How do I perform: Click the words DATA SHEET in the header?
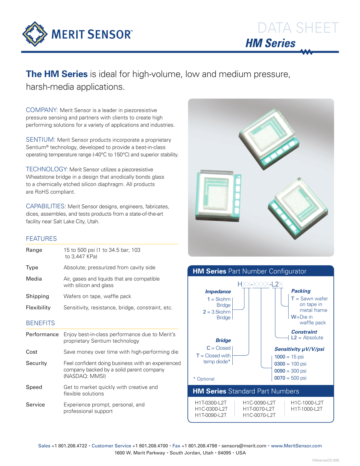coord(298,28)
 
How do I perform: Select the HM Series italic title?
coord(270,43)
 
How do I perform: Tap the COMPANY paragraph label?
coord(42,110)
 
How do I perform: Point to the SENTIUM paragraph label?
coord(40,140)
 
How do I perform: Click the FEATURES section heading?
coord(41,239)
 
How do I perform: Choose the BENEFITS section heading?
coord(40,323)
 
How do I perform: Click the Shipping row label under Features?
coord(38,296)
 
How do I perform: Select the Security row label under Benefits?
coord(36,363)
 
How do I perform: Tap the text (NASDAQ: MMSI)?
coord(85,376)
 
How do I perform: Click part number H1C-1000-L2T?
coord(307,403)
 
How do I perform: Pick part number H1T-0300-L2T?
coord(211,403)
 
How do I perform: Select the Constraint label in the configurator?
coord(304,332)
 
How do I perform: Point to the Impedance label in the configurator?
coord(218,292)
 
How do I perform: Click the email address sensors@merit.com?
coord(244,446)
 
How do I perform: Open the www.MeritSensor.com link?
coord(296,446)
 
